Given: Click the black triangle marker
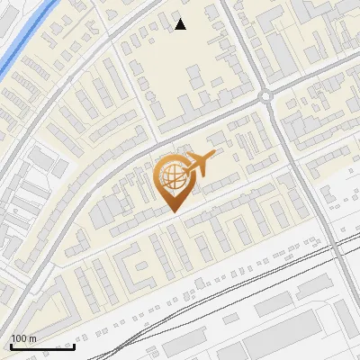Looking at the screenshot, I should click(181, 24).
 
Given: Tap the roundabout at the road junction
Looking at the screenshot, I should click(266, 97).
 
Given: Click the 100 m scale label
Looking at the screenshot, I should click(24, 338).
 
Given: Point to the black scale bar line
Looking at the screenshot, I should click(42, 346).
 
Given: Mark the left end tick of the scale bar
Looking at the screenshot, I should click(11, 345).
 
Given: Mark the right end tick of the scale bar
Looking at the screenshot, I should click(74, 345).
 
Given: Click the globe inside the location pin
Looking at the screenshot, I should click(172, 176).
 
